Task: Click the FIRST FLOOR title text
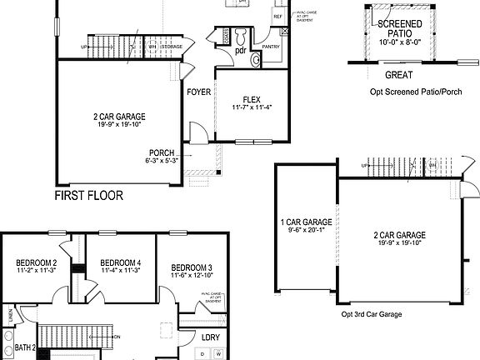(x=88, y=197)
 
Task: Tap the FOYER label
(x=198, y=92)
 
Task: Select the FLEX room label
(x=252, y=99)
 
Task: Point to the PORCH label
(x=161, y=152)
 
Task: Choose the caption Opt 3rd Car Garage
(x=371, y=313)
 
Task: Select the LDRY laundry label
(x=211, y=337)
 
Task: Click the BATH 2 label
(x=23, y=347)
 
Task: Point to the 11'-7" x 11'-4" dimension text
(x=252, y=107)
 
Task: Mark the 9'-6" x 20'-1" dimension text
(x=306, y=230)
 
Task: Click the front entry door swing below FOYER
(x=199, y=131)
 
